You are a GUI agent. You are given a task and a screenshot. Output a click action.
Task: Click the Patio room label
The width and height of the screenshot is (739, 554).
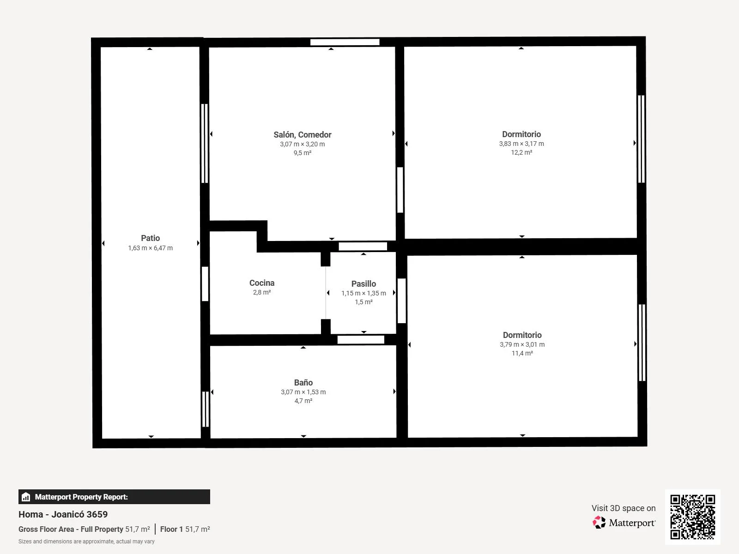click(x=150, y=238)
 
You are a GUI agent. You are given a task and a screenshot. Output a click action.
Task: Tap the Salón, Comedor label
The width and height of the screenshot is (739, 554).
click(x=303, y=135)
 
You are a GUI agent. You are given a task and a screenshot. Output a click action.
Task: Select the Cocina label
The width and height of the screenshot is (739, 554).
click(x=262, y=283)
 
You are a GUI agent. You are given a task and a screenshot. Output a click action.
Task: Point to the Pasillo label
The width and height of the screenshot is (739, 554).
click(x=363, y=284)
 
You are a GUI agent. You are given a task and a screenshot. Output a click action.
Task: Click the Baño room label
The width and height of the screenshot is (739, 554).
click(x=303, y=382)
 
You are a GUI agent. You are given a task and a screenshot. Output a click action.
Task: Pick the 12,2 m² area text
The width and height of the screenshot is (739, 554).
click(x=521, y=152)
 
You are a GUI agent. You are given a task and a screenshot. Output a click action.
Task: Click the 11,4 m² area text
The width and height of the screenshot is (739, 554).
click(x=522, y=353)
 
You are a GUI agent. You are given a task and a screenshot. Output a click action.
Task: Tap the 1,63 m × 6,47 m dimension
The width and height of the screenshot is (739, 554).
click(x=150, y=248)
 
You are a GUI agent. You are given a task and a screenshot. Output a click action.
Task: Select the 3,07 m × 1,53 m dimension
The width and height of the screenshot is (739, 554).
click(x=303, y=392)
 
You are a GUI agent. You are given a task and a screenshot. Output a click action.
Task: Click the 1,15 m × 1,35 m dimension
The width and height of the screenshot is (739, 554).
click(x=363, y=293)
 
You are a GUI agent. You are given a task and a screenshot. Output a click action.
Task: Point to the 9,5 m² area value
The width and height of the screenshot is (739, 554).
click(x=303, y=153)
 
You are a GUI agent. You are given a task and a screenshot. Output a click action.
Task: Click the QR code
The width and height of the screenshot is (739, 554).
click(x=692, y=517)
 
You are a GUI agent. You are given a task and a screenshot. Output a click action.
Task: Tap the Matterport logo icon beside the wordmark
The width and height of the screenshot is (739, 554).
click(x=599, y=523)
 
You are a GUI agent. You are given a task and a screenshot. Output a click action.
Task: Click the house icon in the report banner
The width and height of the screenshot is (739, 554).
click(x=26, y=497)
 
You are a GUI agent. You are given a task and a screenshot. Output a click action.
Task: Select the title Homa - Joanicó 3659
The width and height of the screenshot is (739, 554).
click(x=63, y=514)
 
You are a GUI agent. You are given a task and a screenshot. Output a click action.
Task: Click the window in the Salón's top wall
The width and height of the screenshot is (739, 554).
click(x=345, y=42)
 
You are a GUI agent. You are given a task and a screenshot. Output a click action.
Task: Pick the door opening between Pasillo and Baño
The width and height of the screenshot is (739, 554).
click(x=361, y=340)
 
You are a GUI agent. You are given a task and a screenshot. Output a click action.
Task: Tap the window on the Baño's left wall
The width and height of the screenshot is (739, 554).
click(x=206, y=409)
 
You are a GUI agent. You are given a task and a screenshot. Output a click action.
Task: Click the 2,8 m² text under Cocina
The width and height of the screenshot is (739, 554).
click(x=262, y=292)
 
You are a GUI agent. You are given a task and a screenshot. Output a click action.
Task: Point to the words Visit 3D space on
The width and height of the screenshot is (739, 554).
click(x=624, y=508)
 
